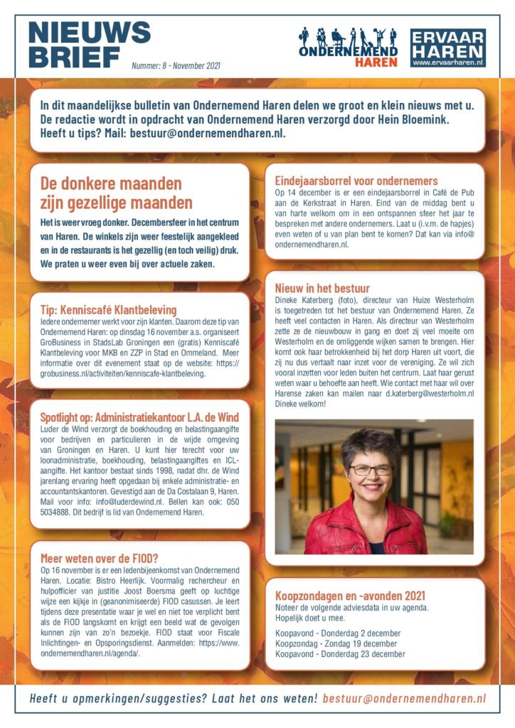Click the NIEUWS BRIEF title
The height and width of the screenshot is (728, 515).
tap(89, 43)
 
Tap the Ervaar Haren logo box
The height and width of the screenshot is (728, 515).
tap(448, 48)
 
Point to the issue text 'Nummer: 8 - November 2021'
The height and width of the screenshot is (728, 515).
tap(176, 66)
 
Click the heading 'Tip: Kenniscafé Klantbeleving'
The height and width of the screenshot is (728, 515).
tap(108, 310)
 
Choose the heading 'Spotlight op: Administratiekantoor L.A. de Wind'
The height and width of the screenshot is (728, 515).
tap(139, 417)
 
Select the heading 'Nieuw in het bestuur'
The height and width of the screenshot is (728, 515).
tap(322, 289)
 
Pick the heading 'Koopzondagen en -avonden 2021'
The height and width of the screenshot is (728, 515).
tap(351, 596)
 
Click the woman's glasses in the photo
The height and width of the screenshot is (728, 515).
tap(370, 470)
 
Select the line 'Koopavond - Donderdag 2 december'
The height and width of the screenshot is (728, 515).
tap(338, 633)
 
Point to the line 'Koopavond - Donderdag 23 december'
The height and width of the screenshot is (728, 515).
tap(340, 654)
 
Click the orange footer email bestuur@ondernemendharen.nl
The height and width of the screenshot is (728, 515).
tap(404, 698)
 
